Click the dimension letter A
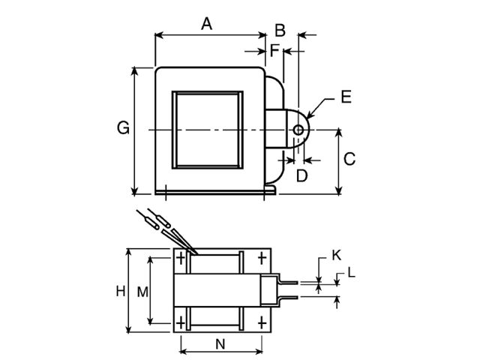pyautogui.click(x=206, y=23)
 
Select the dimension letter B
pyautogui.click(x=280, y=31)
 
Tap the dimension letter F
pyautogui.click(x=274, y=51)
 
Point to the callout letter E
pyautogui.click(x=345, y=97)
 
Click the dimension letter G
pyautogui.click(x=123, y=128)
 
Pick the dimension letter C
pyautogui.click(x=349, y=159)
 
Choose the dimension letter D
pyautogui.click(x=301, y=175)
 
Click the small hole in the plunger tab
pyautogui.click(x=298, y=130)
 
